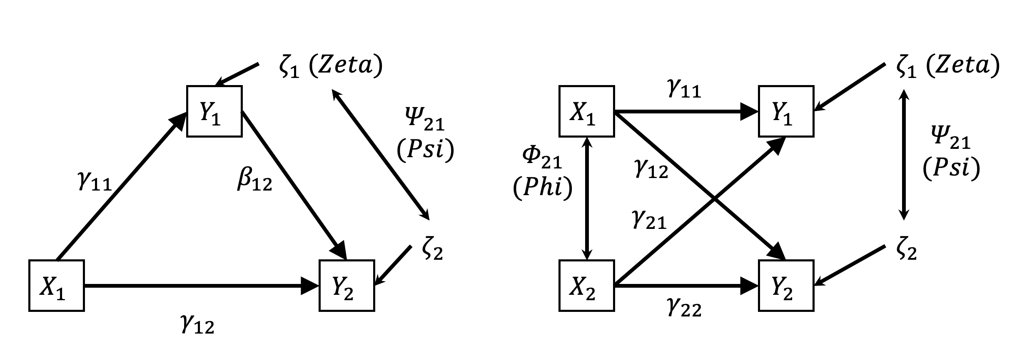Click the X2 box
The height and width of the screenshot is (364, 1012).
(586, 286)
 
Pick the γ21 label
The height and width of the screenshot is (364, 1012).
(649, 220)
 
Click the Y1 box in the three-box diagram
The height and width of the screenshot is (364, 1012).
(214, 111)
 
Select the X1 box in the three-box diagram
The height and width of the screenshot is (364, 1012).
(57, 286)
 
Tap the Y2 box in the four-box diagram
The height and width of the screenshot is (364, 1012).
(786, 286)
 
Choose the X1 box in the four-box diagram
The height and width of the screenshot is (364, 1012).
(586, 111)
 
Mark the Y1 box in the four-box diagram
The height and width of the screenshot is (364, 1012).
(786, 111)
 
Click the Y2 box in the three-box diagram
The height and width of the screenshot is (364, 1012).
(346, 286)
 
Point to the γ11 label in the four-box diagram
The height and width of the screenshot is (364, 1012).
(684, 90)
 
